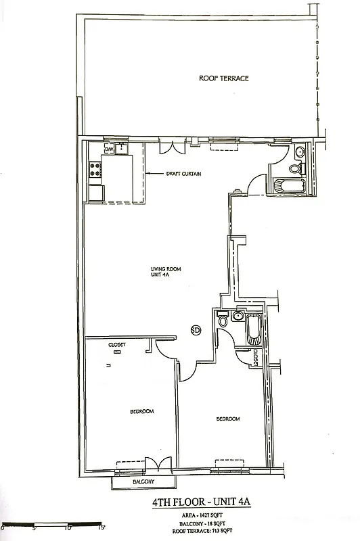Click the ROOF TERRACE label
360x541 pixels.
pyautogui.click(x=223, y=78)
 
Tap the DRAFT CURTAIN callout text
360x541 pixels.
pyautogui.click(x=183, y=174)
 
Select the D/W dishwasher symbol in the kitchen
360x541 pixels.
pyautogui.click(x=108, y=149)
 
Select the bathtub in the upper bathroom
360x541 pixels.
pyautogui.click(x=289, y=185)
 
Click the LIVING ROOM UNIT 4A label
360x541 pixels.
pyautogui.click(x=166, y=273)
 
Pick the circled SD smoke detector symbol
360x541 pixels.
pyautogui.click(x=196, y=331)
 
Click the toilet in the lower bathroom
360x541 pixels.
pyautogui.click(x=223, y=320)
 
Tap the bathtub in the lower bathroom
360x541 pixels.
pyautogui.click(x=253, y=331)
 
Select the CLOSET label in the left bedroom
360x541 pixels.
pyautogui.click(x=117, y=344)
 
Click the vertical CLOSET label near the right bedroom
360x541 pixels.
pyautogui.click(x=256, y=357)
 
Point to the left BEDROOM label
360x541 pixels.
pyautogui.click(x=142, y=411)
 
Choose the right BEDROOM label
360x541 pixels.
pyautogui.click(x=228, y=419)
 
